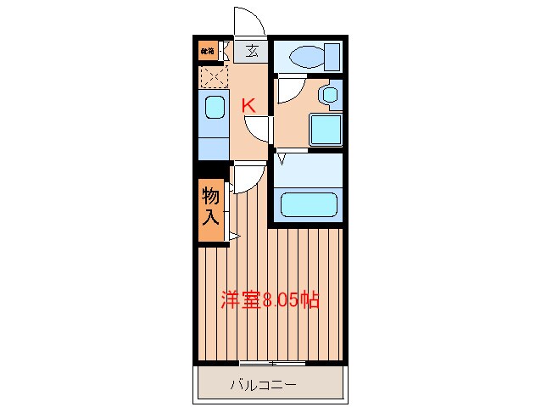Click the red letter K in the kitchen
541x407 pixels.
(249, 106)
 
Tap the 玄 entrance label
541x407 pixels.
(252, 51)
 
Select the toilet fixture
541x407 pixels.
(305, 58)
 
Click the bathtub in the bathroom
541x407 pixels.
(309, 205)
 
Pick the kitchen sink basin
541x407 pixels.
(214, 109)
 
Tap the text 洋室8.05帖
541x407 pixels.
(270, 299)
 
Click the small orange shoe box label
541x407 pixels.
(207, 51)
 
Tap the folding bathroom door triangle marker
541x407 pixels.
(281, 157)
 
